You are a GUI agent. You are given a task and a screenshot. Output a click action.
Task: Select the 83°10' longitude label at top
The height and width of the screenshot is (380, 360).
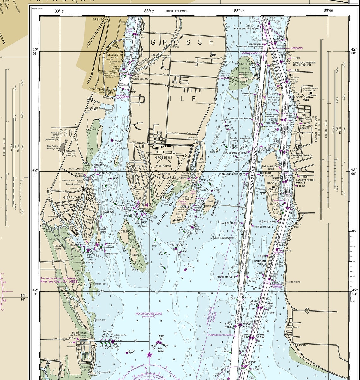(x=149, y=11)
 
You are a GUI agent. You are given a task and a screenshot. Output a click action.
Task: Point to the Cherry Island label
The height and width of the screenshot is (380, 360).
(x=58, y=247)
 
